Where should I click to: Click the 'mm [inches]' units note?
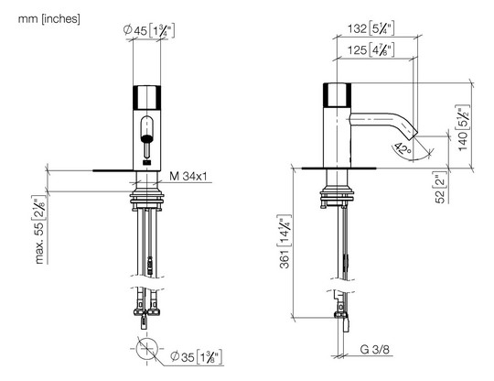[49, 19]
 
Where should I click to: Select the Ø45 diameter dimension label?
[149, 30]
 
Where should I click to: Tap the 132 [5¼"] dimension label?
[370, 28]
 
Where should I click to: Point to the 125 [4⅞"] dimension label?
[370, 49]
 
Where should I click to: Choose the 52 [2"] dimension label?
[441, 188]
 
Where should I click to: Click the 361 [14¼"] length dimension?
[285, 242]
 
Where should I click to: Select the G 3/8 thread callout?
[374, 349]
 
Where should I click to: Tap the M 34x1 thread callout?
[188, 177]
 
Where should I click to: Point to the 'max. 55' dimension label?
[39, 229]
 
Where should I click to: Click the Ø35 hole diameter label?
[197, 356]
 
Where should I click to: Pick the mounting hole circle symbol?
[146, 349]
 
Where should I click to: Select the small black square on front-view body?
[146, 163]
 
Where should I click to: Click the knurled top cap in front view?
[146, 97]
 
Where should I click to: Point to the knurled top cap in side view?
[337, 94]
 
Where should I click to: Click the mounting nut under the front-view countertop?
[146, 198]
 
